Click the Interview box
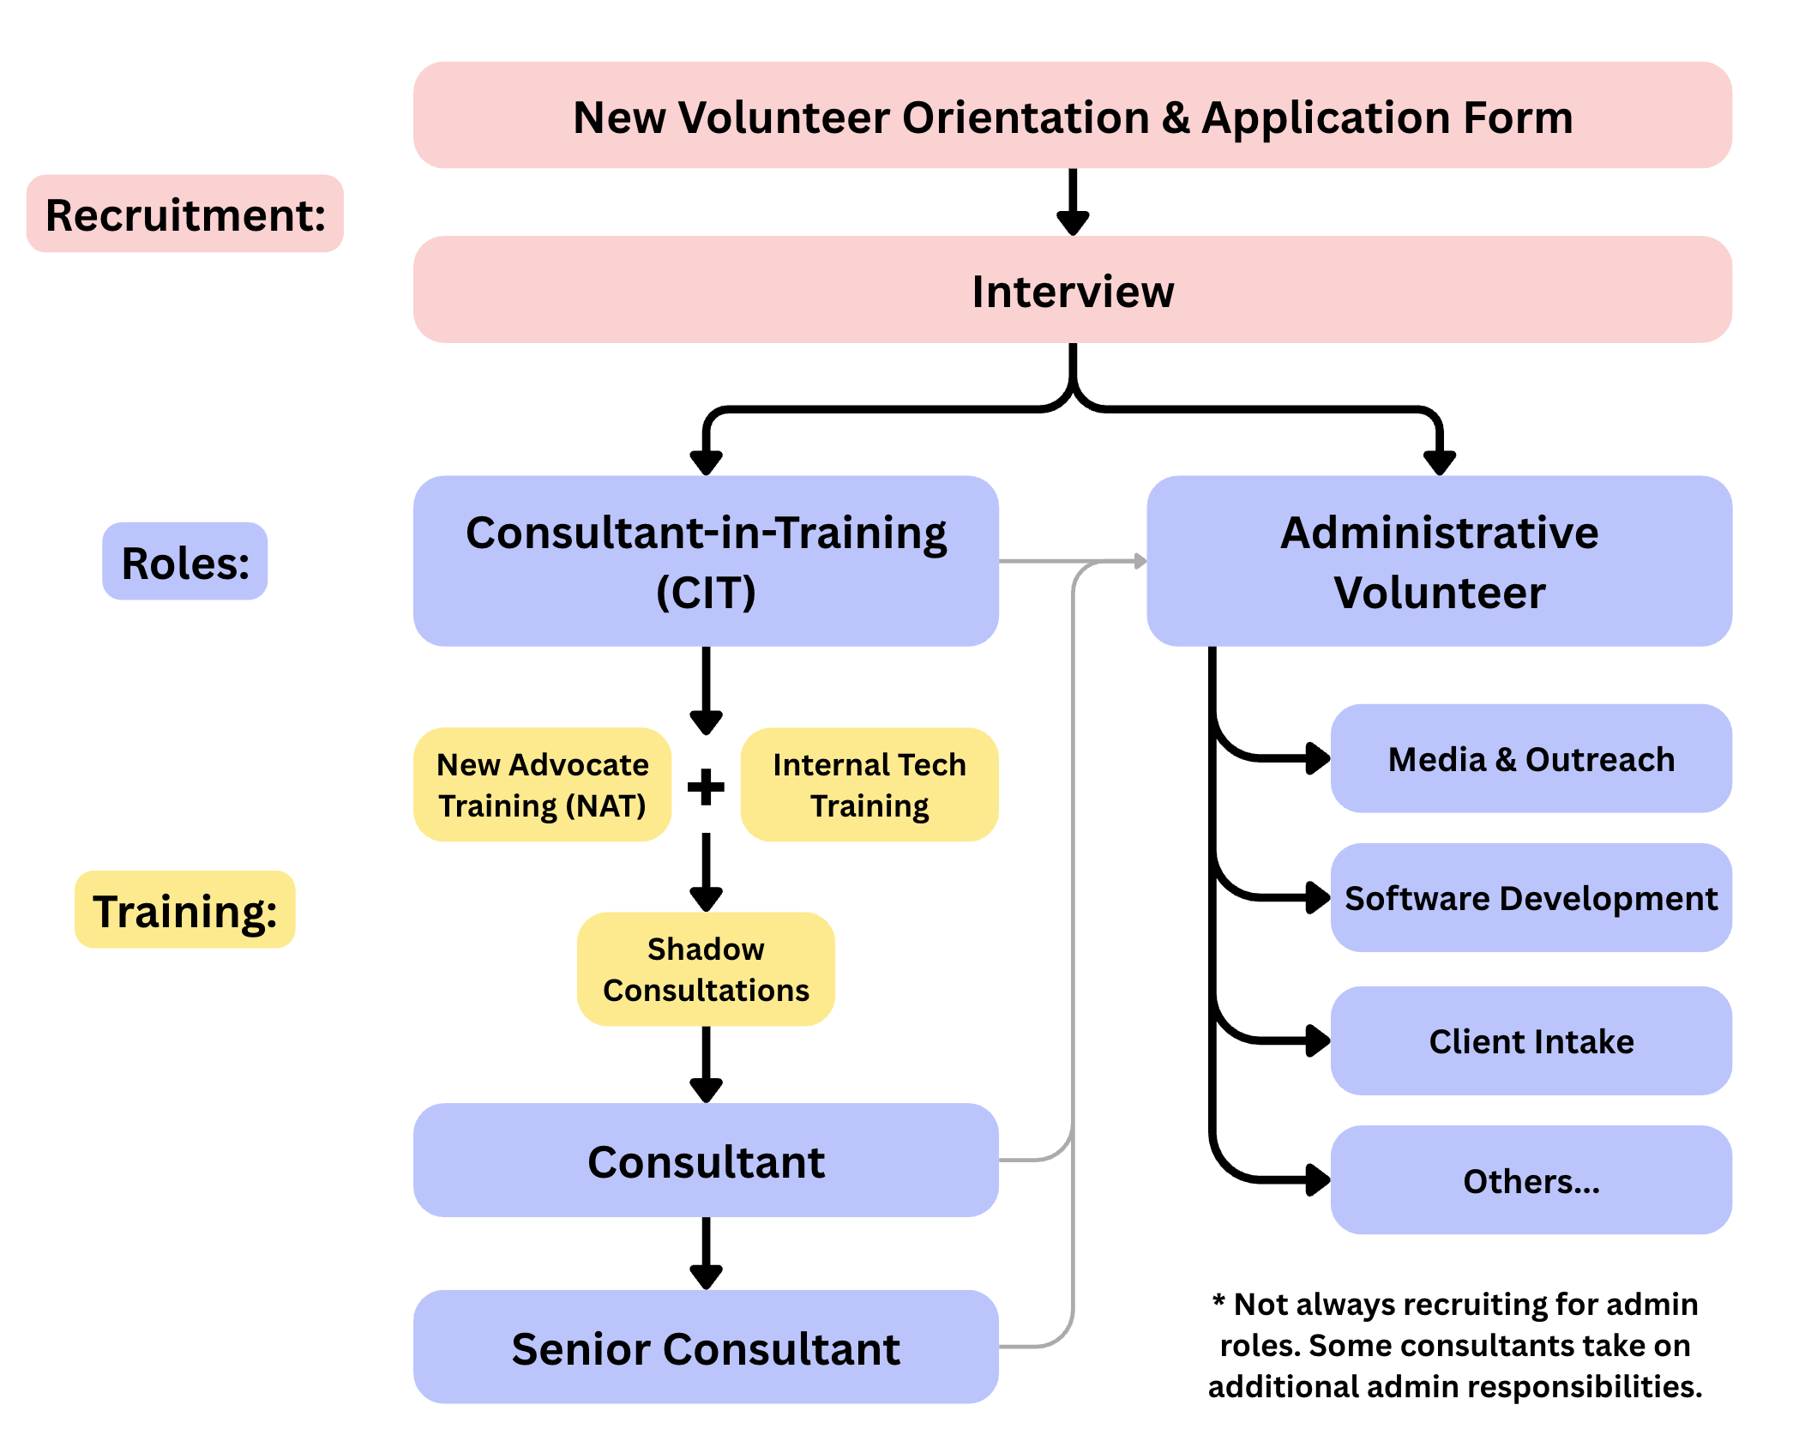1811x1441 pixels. point(1072,291)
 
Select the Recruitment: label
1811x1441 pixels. point(185,214)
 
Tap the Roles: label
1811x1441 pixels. point(185,562)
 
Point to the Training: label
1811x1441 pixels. point(185,910)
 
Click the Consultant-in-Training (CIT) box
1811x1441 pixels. point(706,561)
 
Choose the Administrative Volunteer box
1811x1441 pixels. point(1439,561)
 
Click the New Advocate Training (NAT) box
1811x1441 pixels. point(542,785)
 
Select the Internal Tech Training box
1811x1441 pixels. point(869,785)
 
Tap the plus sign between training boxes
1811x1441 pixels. point(706,787)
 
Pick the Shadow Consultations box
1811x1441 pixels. point(706,969)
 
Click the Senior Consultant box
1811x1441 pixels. point(706,1348)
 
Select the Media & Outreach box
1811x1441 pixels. point(1531,759)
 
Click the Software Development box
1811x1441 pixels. point(1531,898)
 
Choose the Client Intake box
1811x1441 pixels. point(1531,1041)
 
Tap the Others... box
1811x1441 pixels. point(1531,1181)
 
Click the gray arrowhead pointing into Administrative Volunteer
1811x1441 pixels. point(1140,561)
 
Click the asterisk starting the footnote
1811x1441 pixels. point(1218,1300)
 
